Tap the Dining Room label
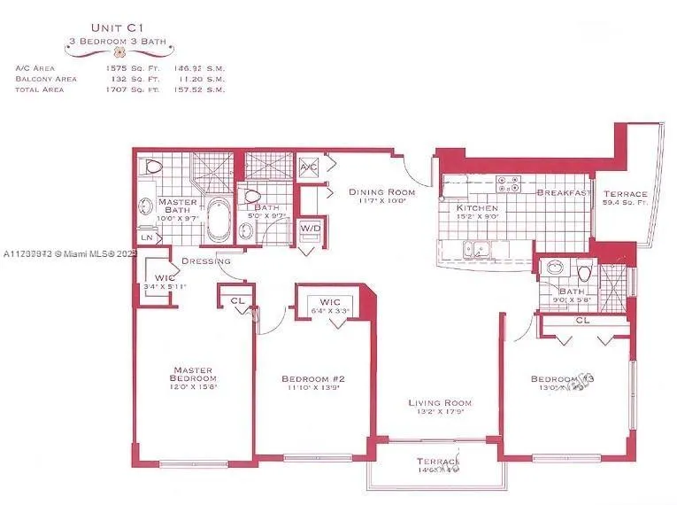click(381, 191)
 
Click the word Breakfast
click(564, 192)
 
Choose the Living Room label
click(437, 404)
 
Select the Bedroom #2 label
click(314, 379)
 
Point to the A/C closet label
click(309, 167)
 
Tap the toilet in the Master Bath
click(152, 167)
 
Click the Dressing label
click(206, 261)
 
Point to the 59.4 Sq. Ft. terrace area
click(626, 203)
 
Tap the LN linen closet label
click(147, 237)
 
